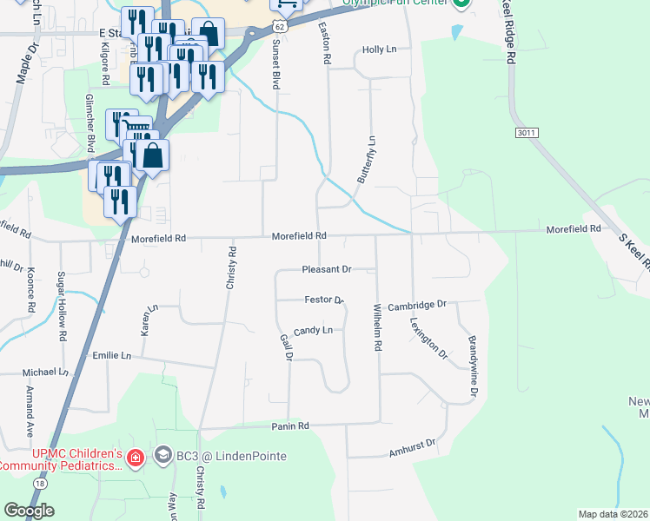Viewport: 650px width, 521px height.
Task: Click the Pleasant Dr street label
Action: click(x=326, y=270)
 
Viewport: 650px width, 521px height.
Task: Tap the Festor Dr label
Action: click(x=324, y=300)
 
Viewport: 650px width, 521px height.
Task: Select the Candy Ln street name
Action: click(x=313, y=331)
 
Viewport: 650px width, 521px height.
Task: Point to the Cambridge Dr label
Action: click(x=416, y=306)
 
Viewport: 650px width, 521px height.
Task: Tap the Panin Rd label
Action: click(x=292, y=426)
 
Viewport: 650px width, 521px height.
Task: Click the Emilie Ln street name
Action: click(x=111, y=356)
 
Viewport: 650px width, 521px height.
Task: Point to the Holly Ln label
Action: click(x=379, y=50)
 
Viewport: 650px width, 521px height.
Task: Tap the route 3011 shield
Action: click(x=523, y=133)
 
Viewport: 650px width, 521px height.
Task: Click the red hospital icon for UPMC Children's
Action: click(x=135, y=457)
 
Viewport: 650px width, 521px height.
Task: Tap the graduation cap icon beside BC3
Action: click(x=162, y=455)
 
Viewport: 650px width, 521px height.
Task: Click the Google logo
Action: click(x=29, y=511)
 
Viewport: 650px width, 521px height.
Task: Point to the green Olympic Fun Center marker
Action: click(x=462, y=4)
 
